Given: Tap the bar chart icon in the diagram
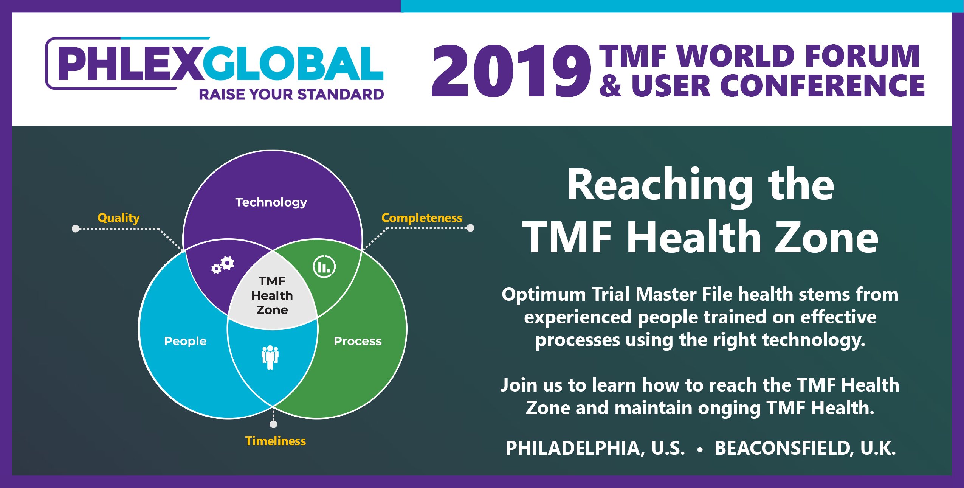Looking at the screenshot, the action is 324,266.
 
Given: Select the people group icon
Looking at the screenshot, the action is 270,357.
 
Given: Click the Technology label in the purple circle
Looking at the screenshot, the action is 271,203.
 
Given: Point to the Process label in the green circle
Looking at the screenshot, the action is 358,341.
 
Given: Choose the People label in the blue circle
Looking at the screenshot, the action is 185,341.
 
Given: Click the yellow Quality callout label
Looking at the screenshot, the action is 119,218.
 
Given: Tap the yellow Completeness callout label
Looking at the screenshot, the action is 422,218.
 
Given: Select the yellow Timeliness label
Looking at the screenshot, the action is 276,441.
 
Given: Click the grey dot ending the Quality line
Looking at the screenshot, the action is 76,228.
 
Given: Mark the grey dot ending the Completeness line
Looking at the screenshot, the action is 470,228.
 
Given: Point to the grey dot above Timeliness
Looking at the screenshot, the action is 274,424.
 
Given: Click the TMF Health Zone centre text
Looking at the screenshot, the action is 272,295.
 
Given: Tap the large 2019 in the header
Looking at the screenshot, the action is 511,71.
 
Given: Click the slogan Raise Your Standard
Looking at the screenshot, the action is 291,95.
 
